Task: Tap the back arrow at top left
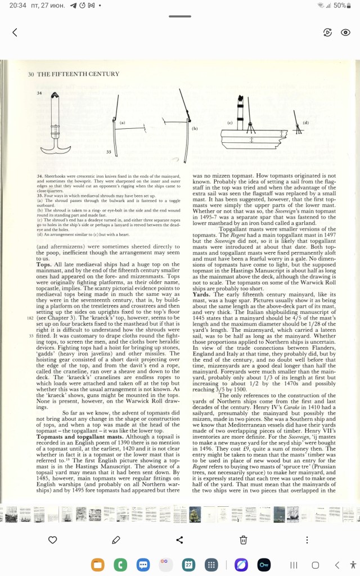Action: [x=15, y=33]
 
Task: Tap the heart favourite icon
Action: [x=52, y=539]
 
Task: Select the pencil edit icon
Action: [x=116, y=539]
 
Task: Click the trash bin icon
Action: [x=243, y=539]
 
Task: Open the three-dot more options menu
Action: [x=307, y=539]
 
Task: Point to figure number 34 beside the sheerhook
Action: [x=40, y=93]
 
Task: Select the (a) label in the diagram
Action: [x=121, y=121]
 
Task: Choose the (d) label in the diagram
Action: [x=306, y=122]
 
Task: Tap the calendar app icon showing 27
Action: [x=188, y=564]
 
